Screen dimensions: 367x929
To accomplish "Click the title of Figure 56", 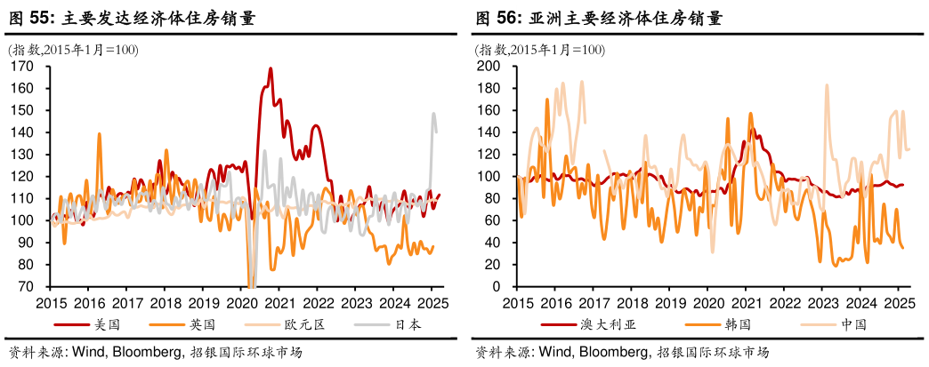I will (x=598, y=17).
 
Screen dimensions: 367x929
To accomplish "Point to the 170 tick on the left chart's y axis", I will (x=23, y=67).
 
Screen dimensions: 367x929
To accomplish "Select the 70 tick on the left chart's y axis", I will (x=27, y=287).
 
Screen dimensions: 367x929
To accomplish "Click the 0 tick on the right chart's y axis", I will (x=497, y=287).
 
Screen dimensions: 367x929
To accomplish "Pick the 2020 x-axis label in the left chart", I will (x=241, y=302).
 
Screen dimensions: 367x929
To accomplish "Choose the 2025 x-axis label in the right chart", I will (x=898, y=302).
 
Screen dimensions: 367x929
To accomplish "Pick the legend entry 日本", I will (x=410, y=324).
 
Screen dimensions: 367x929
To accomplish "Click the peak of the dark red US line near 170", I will (x=271, y=68).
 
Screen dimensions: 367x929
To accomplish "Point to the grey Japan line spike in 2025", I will (x=434, y=114).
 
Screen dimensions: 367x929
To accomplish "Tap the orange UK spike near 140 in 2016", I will (x=99, y=134).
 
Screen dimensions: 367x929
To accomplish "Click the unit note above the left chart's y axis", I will (x=73, y=50).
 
